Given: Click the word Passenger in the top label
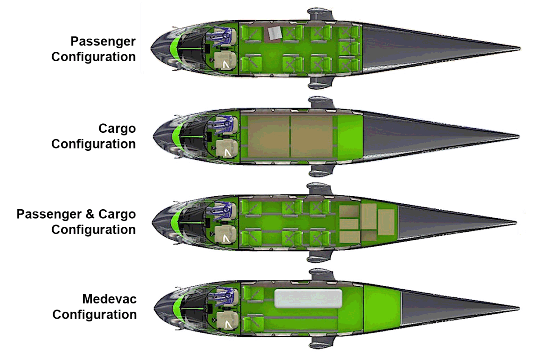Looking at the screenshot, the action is click(103, 42).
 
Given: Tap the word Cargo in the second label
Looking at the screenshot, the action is click(117, 128).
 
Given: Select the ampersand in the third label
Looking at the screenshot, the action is click(90, 214).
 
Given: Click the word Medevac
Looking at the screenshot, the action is click(109, 299).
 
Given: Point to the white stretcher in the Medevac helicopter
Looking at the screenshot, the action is click(308, 298).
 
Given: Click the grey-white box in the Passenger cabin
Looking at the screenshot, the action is click(275, 33).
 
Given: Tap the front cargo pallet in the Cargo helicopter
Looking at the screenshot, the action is click(269, 136).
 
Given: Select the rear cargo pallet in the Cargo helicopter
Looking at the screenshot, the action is click(311, 136).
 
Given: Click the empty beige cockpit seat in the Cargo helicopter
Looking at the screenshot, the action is click(226, 149).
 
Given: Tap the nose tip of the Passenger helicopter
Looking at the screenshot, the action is click(151, 49).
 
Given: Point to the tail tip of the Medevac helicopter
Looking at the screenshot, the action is click(518, 308).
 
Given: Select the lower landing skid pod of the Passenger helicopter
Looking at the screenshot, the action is click(320, 83).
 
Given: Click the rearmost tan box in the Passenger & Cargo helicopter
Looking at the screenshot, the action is click(386, 222).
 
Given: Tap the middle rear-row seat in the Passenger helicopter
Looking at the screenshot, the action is click(349, 48).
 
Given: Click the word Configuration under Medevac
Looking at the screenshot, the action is click(94, 315).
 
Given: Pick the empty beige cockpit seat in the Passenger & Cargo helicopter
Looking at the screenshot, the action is click(225, 235).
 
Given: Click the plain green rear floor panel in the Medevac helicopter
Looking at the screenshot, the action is click(382, 308).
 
